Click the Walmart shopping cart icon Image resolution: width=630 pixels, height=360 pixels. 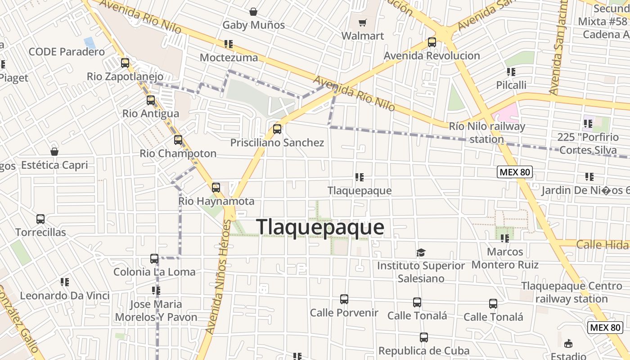362,22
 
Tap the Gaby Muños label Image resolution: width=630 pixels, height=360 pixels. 253,25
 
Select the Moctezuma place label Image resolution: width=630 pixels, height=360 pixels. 229,58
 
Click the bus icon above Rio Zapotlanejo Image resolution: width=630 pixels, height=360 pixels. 125,63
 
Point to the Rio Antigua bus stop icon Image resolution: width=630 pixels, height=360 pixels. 151,100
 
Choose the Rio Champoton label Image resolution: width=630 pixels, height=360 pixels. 178,153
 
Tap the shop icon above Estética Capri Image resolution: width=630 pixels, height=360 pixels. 54,152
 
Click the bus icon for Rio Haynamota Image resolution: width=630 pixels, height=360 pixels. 216,187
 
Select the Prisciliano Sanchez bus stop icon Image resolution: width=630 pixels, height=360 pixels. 277,129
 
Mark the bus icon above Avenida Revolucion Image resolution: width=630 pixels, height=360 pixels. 432,42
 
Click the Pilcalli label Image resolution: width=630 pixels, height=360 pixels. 511,85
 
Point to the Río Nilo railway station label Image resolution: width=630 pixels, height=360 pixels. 487,133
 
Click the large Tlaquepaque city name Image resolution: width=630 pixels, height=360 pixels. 320,227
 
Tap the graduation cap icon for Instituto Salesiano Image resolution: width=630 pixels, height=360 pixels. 421,252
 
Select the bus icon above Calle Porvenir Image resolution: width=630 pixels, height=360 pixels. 344,299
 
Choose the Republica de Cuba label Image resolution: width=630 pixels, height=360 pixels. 423,351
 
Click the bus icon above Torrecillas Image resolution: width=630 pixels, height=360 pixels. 40,219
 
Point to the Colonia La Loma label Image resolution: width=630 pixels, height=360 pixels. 154,272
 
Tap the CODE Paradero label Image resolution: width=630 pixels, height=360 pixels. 67,52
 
